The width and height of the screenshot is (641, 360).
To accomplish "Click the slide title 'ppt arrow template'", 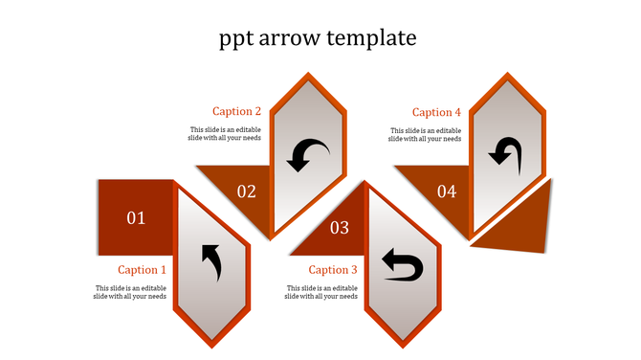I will tap(319, 38).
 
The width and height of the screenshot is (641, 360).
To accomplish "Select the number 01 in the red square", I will tap(137, 218).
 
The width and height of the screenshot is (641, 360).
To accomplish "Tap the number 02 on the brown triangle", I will tap(247, 191).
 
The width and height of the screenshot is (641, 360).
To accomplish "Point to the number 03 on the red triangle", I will tap(340, 228).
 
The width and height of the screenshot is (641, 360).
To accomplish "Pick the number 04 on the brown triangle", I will tap(447, 191).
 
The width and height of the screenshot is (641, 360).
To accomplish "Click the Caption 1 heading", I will tap(143, 270).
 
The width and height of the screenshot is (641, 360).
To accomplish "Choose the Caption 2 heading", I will tap(236, 111).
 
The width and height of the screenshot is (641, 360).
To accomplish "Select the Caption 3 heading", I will tap(333, 270).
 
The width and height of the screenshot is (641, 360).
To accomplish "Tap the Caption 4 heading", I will tap(436, 112).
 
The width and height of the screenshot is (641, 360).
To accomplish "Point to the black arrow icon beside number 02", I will tap(308, 154).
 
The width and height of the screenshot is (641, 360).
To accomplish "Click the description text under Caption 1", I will tap(131, 292).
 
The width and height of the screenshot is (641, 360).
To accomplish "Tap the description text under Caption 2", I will tap(224, 134).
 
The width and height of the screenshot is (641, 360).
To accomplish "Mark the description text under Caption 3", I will tap(322, 292).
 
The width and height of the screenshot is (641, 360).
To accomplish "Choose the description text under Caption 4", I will tap(425, 134).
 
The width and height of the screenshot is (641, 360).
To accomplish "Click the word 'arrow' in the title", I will tap(290, 38).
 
